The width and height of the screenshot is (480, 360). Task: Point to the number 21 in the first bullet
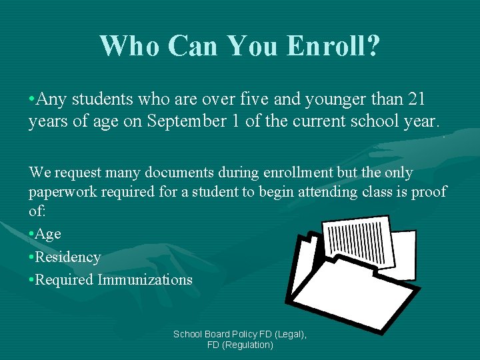pyautogui.click(x=417, y=100)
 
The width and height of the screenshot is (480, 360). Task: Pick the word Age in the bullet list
pyautogui.click(x=48, y=234)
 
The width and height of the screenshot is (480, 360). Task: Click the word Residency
pyautogui.click(x=67, y=257)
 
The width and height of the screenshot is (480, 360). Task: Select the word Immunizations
pyautogui.click(x=145, y=279)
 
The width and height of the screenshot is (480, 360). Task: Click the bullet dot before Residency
pyautogui.click(x=31, y=257)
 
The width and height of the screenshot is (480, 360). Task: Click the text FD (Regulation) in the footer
pyautogui.click(x=240, y=345)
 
